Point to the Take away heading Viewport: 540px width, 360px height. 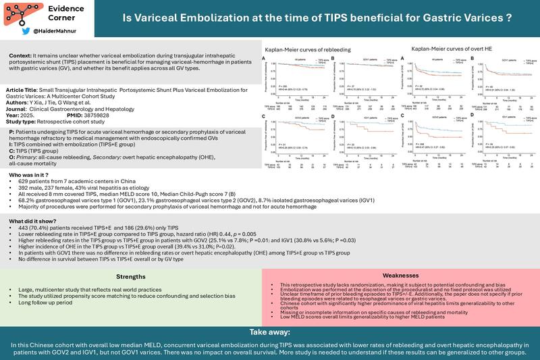pyautogui.click(x=270, y=333)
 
